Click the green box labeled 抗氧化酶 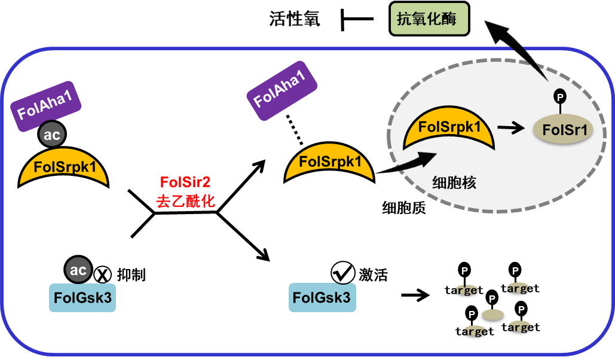click(x=429, y=19)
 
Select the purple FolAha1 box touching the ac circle click(x=46, y=106)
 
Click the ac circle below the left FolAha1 click(x=51, y=135)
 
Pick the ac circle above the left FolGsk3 click(x=78, y=270)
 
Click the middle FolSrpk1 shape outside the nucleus click(x=329, y=163)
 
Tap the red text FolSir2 click(x=185, y=182)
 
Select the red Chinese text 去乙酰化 click(x=185, y=201)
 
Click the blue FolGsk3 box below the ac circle click(x=82, y=297)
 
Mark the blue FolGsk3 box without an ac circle click(x=322, y=297)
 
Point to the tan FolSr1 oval click(x=564, y=130)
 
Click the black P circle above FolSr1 click(x=559, y=96)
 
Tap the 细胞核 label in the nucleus click(x=454, y=183)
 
